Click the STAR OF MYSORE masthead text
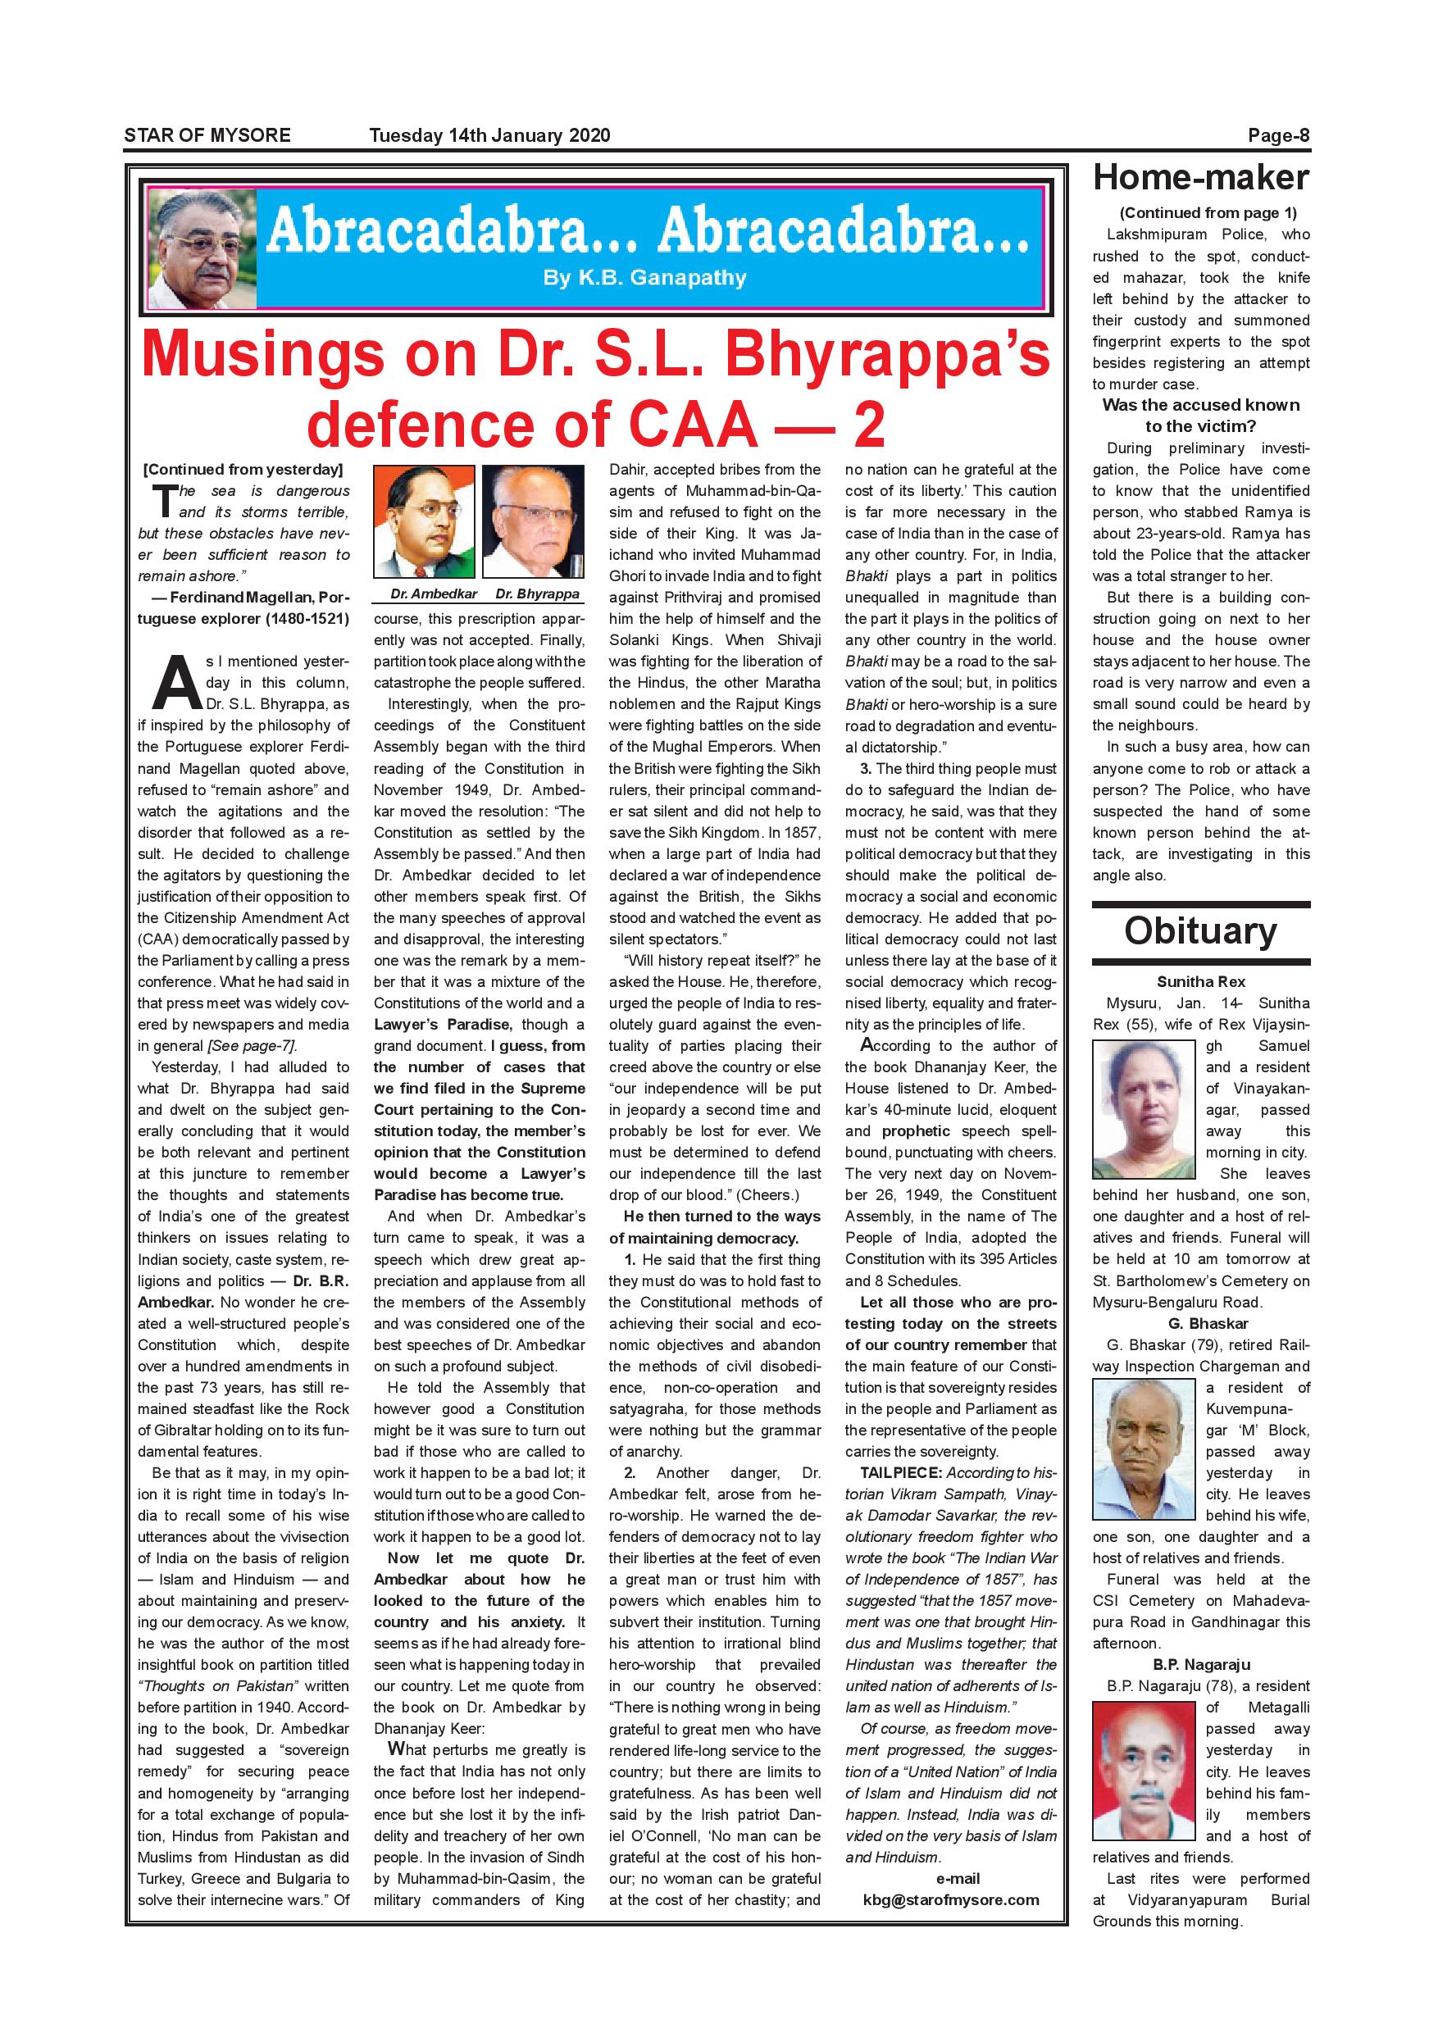(x=207, y=135)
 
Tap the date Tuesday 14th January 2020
(x=489, y=135)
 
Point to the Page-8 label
(x=1279, y=135)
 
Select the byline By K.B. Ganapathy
(x=644, y=278)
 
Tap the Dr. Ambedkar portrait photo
(x=424, y=521)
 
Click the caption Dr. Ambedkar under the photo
(x=434, y=594)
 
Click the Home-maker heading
(x=1201, y=178)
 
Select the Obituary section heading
(x=1201, y=930)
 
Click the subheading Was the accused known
(x=1201, y=406)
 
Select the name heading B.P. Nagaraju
(x=1201, y=1665)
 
